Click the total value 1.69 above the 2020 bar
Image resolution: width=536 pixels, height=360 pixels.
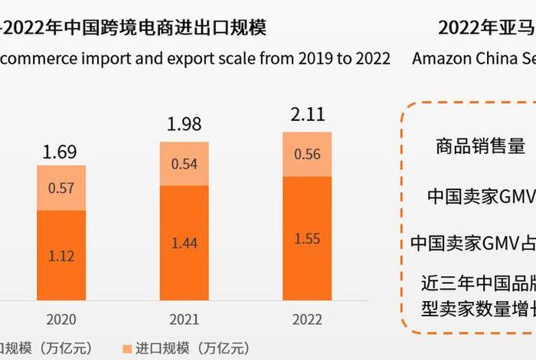[x=60, y=152]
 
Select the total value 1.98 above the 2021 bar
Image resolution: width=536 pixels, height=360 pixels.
[x=184, y=124]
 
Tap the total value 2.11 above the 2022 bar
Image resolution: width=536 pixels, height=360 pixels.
[x=307, y=115]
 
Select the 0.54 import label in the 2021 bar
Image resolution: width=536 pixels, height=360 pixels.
[x=184, y=163]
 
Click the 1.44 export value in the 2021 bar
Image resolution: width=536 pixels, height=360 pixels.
[x=184, y=244]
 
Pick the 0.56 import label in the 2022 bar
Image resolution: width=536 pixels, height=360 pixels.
[x=307, y=154]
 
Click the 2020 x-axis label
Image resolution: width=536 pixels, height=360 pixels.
[x=60, y=319]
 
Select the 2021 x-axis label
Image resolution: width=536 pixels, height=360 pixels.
[x=184, y=319]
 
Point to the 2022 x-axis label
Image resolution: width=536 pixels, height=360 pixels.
[x=307, y=319]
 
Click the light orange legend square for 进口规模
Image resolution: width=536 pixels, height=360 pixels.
[x=126, y=349]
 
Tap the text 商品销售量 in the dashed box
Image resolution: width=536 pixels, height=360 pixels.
[x=480, y=146]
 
